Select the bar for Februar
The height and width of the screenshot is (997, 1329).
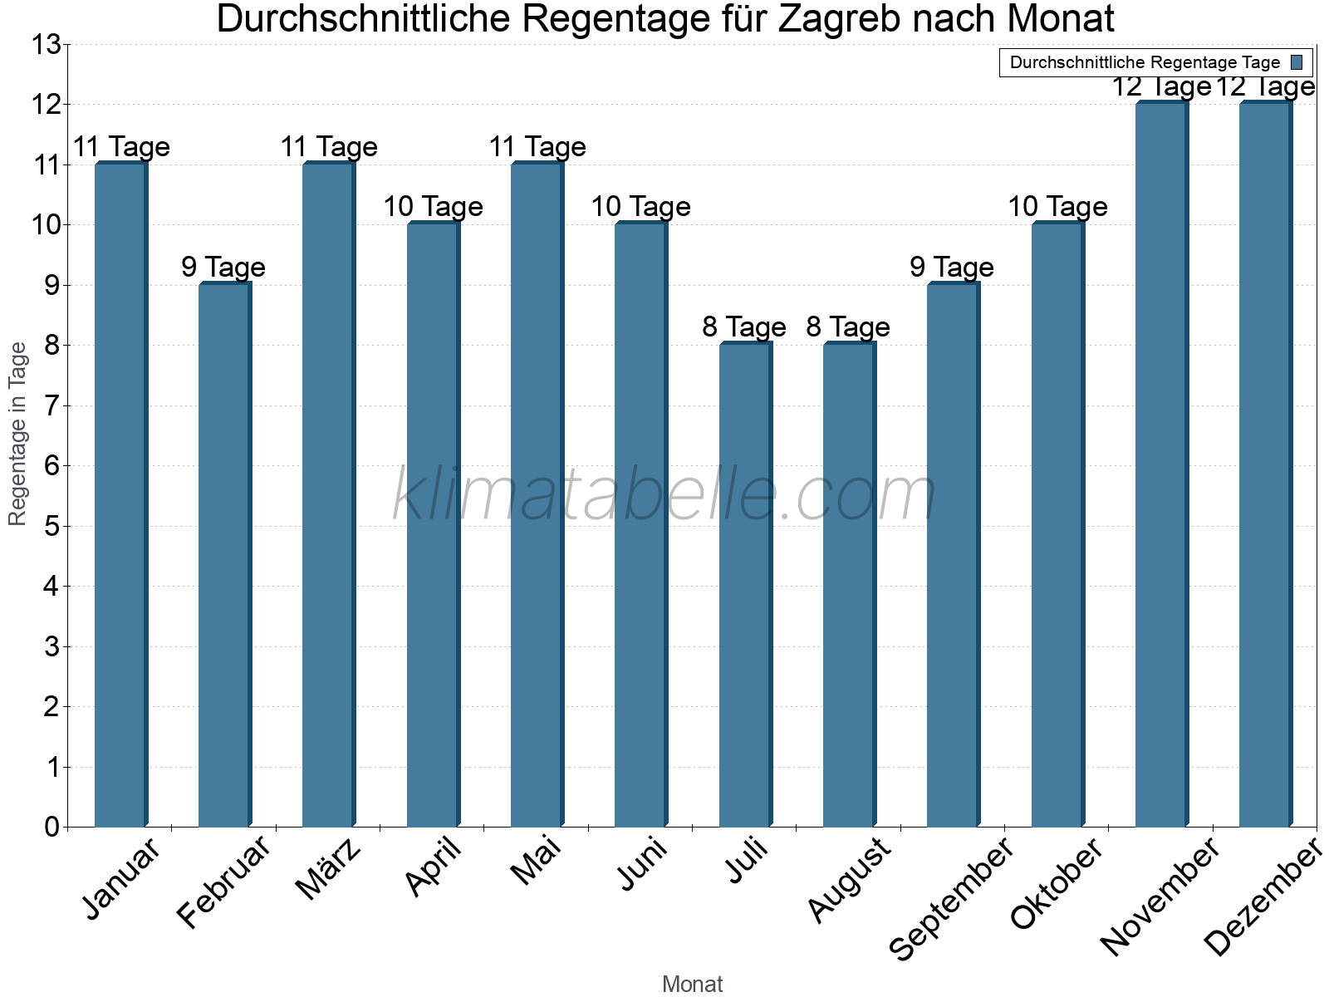[224, 555]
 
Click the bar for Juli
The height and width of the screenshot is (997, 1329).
[745, 585]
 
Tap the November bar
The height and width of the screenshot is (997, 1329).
[1161, 464]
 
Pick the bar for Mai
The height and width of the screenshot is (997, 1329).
[537, 494]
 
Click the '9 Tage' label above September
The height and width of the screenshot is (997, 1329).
[952, 267]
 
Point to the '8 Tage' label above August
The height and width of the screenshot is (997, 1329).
[848, 327]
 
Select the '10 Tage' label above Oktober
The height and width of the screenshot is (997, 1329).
[1057, 206]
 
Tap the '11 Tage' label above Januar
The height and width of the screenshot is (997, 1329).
[121, 147]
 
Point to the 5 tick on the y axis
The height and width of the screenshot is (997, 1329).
[51, 526]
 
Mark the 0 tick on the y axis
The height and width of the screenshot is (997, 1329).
[51, 827]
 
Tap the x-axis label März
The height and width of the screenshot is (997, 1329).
[328, 869]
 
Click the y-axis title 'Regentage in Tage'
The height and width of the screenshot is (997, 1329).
[18, 434]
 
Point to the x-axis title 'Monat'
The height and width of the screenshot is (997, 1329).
[692, 984]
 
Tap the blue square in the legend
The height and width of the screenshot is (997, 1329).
[1297, 62]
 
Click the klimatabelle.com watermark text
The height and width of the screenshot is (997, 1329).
[664, 495]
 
